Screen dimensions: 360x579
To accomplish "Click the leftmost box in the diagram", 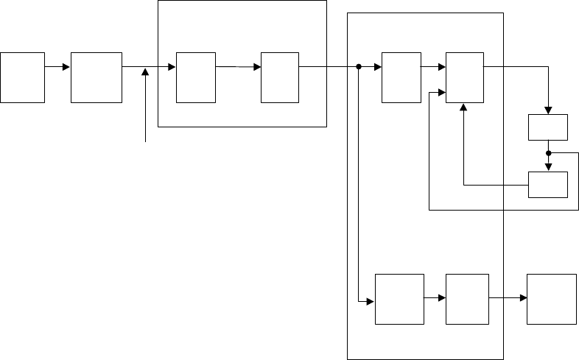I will [x=22, y=77].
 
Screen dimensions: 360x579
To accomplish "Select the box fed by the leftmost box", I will [x=96, y=77].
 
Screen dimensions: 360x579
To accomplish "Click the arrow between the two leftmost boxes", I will [x=57, y=67].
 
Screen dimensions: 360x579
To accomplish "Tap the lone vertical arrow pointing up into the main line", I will [x=146, y=103].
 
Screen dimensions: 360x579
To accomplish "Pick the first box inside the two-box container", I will [x=196, y=77].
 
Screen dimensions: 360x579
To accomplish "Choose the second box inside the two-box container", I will [x=280, y=77].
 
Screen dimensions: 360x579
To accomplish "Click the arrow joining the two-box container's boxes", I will [x=239, y=67].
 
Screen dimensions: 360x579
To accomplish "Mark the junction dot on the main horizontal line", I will [x=359, y=67].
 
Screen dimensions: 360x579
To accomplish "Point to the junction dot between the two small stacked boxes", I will [x=549, y=153].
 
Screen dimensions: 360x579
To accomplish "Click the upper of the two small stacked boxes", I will [x=549, y=127].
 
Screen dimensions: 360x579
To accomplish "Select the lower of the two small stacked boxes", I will [x=549, y=184].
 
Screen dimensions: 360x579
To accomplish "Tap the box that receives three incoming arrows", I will [x=465, y=77].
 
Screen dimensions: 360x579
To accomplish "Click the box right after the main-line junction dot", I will [x=401, y=77].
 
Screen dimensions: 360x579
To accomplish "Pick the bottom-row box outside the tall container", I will [x=552, y=299].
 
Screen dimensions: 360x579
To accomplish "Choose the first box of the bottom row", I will [x=399, y=299].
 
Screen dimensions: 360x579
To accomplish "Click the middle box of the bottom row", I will [x=467, y=299].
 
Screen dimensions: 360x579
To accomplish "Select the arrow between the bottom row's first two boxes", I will [x=435, y=298].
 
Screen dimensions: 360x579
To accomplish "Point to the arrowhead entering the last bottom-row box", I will [x=524, y=298].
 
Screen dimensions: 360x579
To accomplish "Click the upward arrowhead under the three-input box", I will [x=464, y=107].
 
